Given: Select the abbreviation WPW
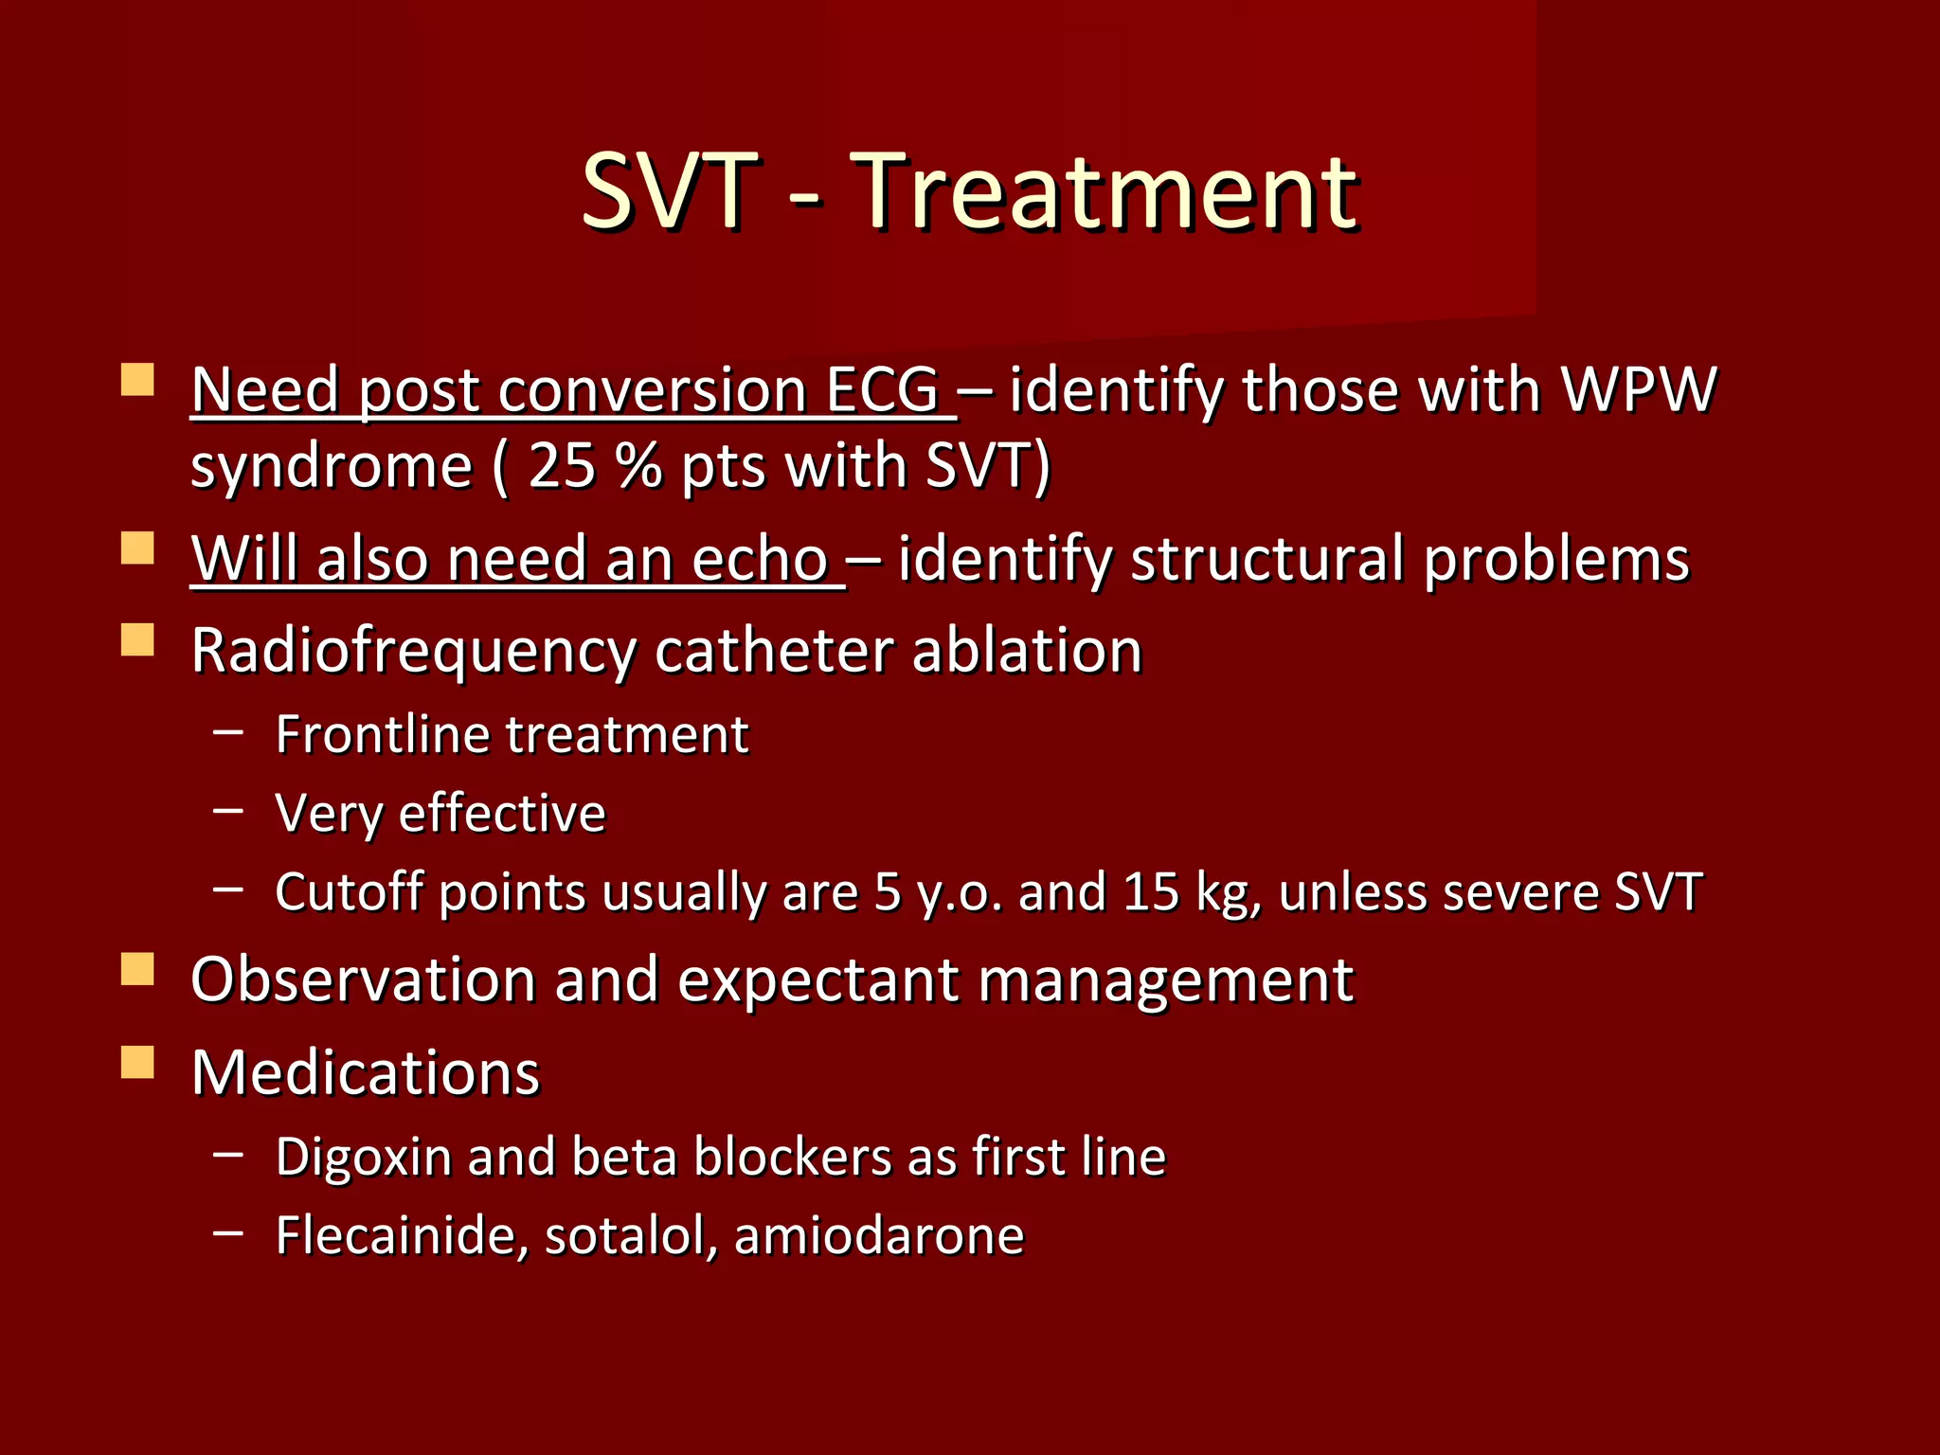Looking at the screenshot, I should [1638, 389].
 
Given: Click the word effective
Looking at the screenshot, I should [502, 813].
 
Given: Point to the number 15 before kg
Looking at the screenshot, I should [1151, 891].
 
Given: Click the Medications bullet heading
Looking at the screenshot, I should [365, 1072].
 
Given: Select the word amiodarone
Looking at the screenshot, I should [878, 1235].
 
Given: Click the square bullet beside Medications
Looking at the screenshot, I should [137, 1063].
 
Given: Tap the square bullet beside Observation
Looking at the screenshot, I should [137, 970].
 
